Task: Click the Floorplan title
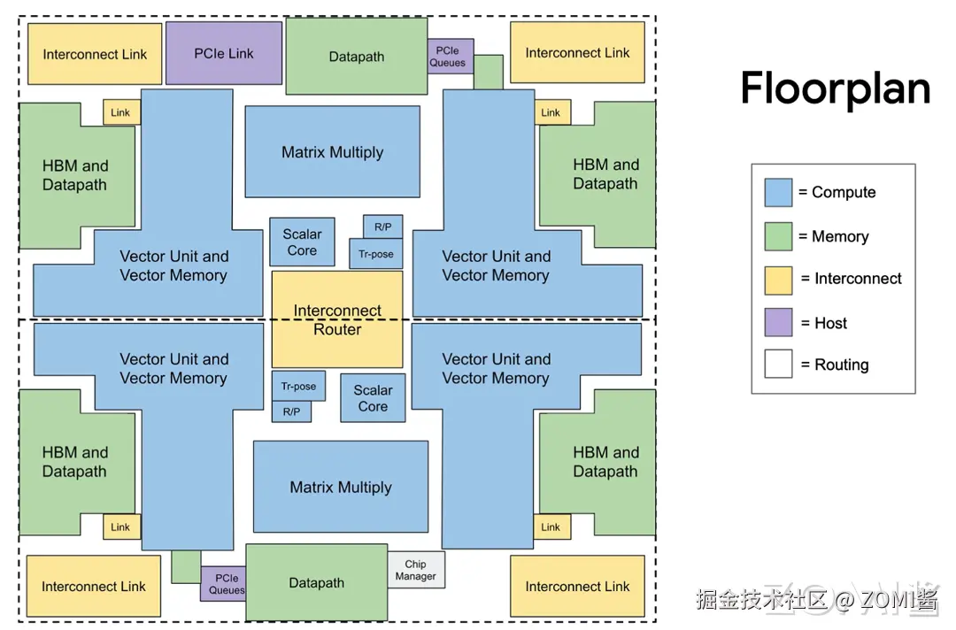click(x=836, y=89)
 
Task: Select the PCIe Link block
click(x=224, y=53)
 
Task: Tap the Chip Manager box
click(x=416, y=570)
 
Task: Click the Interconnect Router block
click(x=337, y=319)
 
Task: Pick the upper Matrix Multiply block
click(x=332, y=152)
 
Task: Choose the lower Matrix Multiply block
click(x=340, y=487)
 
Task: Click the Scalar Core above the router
click(x=302, y=242)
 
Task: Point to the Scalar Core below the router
click(x=373, y=398)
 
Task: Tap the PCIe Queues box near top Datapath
click(x=450, y=57)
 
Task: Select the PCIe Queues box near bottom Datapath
click(x=224, y=584)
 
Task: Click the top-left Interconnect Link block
click(x=95, y=54)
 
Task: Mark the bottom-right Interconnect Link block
click(x=577, y=586)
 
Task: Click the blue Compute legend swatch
click(x=778, y=192)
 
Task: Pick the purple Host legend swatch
click(x=778, y=323)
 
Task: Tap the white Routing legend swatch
click(x=778, y=365)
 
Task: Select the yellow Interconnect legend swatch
click(x=778, y=279)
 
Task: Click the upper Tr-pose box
click(x=376, y=254)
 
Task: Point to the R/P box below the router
click(x=291, y=411)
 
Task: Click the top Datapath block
click(x=357, y=57)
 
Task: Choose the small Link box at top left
click(x=121, y=112)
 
